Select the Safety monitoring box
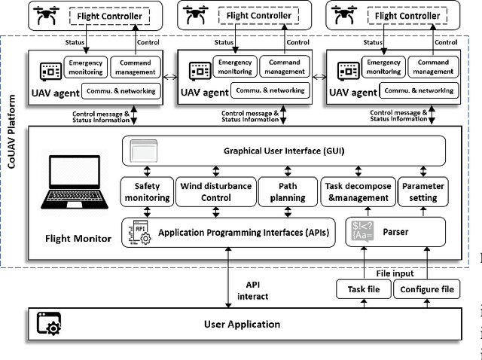[147, 192]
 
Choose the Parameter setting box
[423, 192]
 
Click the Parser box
[396, 232]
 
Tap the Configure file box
[426, 289]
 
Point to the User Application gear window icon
[49, 325]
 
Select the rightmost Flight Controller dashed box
[407, 16]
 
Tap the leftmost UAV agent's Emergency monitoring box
[85, 68]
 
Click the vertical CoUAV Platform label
[11, 151]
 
